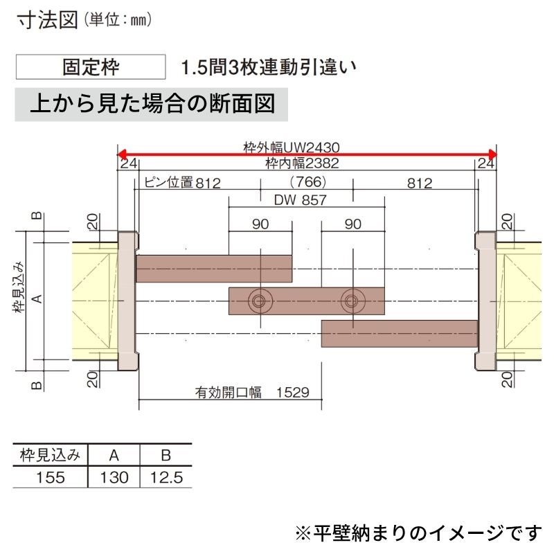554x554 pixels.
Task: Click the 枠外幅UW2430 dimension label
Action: pyautogui.click(x=292, y=148)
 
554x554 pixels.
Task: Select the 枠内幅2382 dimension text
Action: pyautogui.click(x=302, y=163)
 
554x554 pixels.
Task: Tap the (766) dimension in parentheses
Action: pyautogui.click(x=307, y=182)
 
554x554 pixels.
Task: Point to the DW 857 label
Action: pyautogui.click(x=300, y=200)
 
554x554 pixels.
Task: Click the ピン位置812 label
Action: pyautogui.click(x=182, y=183)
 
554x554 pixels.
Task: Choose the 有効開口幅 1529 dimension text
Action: pyautogui.click(x=252, y=392)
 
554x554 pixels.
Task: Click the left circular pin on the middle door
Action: pyautogui.click(x=260, y=301)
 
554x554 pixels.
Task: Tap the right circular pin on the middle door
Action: pyautogui.click(x=353, y=301)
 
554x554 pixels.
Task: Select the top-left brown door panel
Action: pyautogui.click(x=214, y=269)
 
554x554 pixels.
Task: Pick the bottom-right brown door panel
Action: pyautogui.click(x=400, y=334)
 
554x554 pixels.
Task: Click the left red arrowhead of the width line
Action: pyautogui.click(x=123, y=154)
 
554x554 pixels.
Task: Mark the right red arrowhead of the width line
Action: pyautogui.click(x=492, y=154)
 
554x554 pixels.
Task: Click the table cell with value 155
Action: pyautogui.click(x=51, y=477)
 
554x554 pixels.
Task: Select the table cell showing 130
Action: pyautogui.click(x=114, y=477)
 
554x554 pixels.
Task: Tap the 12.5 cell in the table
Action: pyautogui.click(x=166, y=477)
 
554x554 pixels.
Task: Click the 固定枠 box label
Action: pyautogui.click(x=91, y=66)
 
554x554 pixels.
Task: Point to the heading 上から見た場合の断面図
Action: pyautogui.click(x=152, y=105)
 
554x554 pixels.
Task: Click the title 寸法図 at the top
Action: pyautogui.click(x=47, y=20)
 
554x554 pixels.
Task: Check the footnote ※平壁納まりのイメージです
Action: pyautogui.click(x=418, y=533)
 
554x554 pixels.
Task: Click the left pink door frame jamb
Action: pyautogui.click(x=127, y=301)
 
